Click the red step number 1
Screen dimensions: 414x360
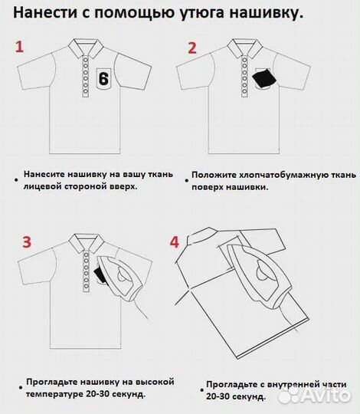pyautogui.click(x=21, y=47)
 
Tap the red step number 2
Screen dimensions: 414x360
pyautogui.click(x=192, y=48)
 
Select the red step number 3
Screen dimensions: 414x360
pyautogui.click(x=26, y=242)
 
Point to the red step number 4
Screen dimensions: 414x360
pyautogui.click(x=175, y=242)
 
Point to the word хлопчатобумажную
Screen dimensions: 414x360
pyautogui.click(x=283, y=174)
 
